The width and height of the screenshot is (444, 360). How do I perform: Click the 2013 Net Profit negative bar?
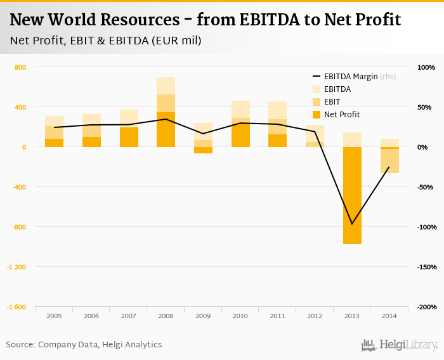(352, 195)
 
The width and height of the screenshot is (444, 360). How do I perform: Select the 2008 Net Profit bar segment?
(166, 130)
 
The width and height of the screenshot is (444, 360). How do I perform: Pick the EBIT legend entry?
(332, 102)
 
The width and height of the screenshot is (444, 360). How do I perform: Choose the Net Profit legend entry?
(341, 115)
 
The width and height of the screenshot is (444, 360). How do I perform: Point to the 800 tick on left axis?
(20, 67)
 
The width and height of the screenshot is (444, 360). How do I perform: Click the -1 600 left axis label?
(16, 307)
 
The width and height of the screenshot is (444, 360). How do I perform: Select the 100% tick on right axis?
(426, 67)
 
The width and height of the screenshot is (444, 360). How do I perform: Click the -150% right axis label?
(426, 267)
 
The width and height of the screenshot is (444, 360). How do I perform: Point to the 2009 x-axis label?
(203, 315)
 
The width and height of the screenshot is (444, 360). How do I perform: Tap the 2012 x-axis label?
(315, 315)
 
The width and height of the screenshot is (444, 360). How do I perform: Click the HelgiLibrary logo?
(400, 345)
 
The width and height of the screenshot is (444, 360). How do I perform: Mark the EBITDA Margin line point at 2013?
(352, 224)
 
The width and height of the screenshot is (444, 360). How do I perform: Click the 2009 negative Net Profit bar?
(203, 150)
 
